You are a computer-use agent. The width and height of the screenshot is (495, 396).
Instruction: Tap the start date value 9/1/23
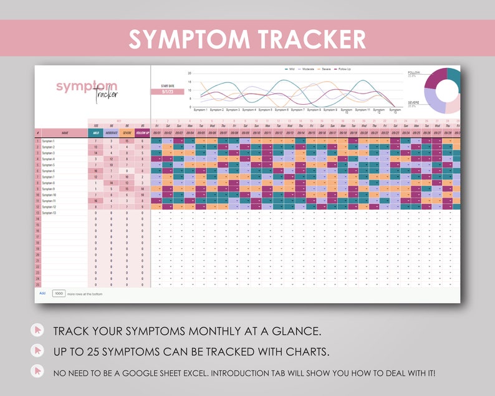tap(167, 92)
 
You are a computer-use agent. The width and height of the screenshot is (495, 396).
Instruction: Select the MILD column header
tap(96, 132)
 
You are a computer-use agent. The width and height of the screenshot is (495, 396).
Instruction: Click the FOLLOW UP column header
tap(142, 132)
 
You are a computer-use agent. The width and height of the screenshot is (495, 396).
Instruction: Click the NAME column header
tap(65, 132)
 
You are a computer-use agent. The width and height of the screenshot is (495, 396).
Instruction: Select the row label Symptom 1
tap(49, 141)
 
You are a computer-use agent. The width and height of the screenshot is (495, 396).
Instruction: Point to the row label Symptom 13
tap(49, 213)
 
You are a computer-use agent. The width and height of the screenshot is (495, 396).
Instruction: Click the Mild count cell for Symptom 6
tap(96, 171)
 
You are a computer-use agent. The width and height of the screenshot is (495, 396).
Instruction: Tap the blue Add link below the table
tap(42, 292)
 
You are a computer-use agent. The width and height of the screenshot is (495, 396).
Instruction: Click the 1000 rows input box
tap(59, 292)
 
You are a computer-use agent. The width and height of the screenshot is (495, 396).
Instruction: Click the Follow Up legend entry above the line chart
tap(344, 69)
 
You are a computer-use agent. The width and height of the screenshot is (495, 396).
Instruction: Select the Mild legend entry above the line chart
tap(292, 69)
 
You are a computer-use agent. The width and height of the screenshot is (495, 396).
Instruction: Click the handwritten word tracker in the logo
tap(107, 94)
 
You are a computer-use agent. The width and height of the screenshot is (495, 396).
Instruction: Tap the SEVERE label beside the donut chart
tap(413, 101)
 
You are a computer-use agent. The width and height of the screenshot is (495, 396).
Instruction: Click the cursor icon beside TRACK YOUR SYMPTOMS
tap(39, 330)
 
